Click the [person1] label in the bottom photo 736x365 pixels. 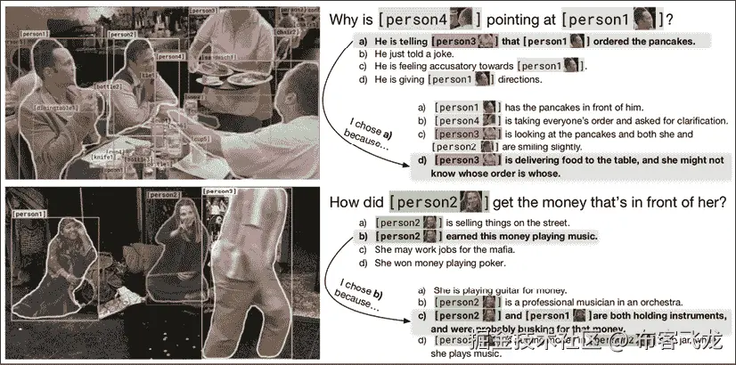tap(28, 214)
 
